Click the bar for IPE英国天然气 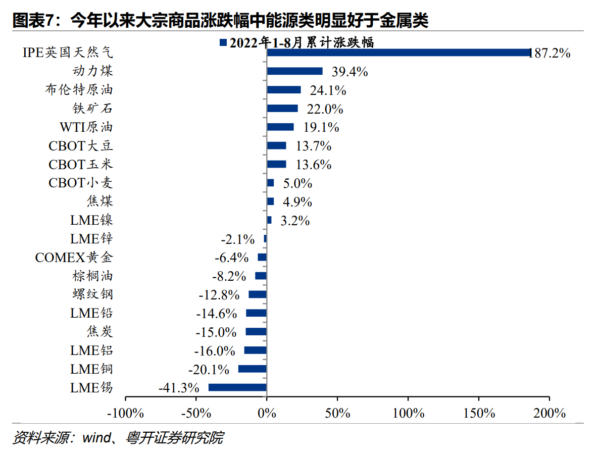(x=398, y=53)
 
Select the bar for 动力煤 (x=294, y=71)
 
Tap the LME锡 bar (x=237, y=388)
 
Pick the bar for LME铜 (x=252, y=369)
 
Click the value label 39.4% (x=350, y=72)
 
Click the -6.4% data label (x=231, y=258)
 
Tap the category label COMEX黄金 (x=74, y=258)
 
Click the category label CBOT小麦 (x=81, y=183)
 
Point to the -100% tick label (x=125, y=413)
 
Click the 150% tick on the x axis (x=479, y=413)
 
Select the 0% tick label (x=266, y=413)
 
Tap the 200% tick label (x=549, y=413)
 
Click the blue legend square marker (x=223, y=43)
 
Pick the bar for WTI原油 (x=280, y=127)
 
